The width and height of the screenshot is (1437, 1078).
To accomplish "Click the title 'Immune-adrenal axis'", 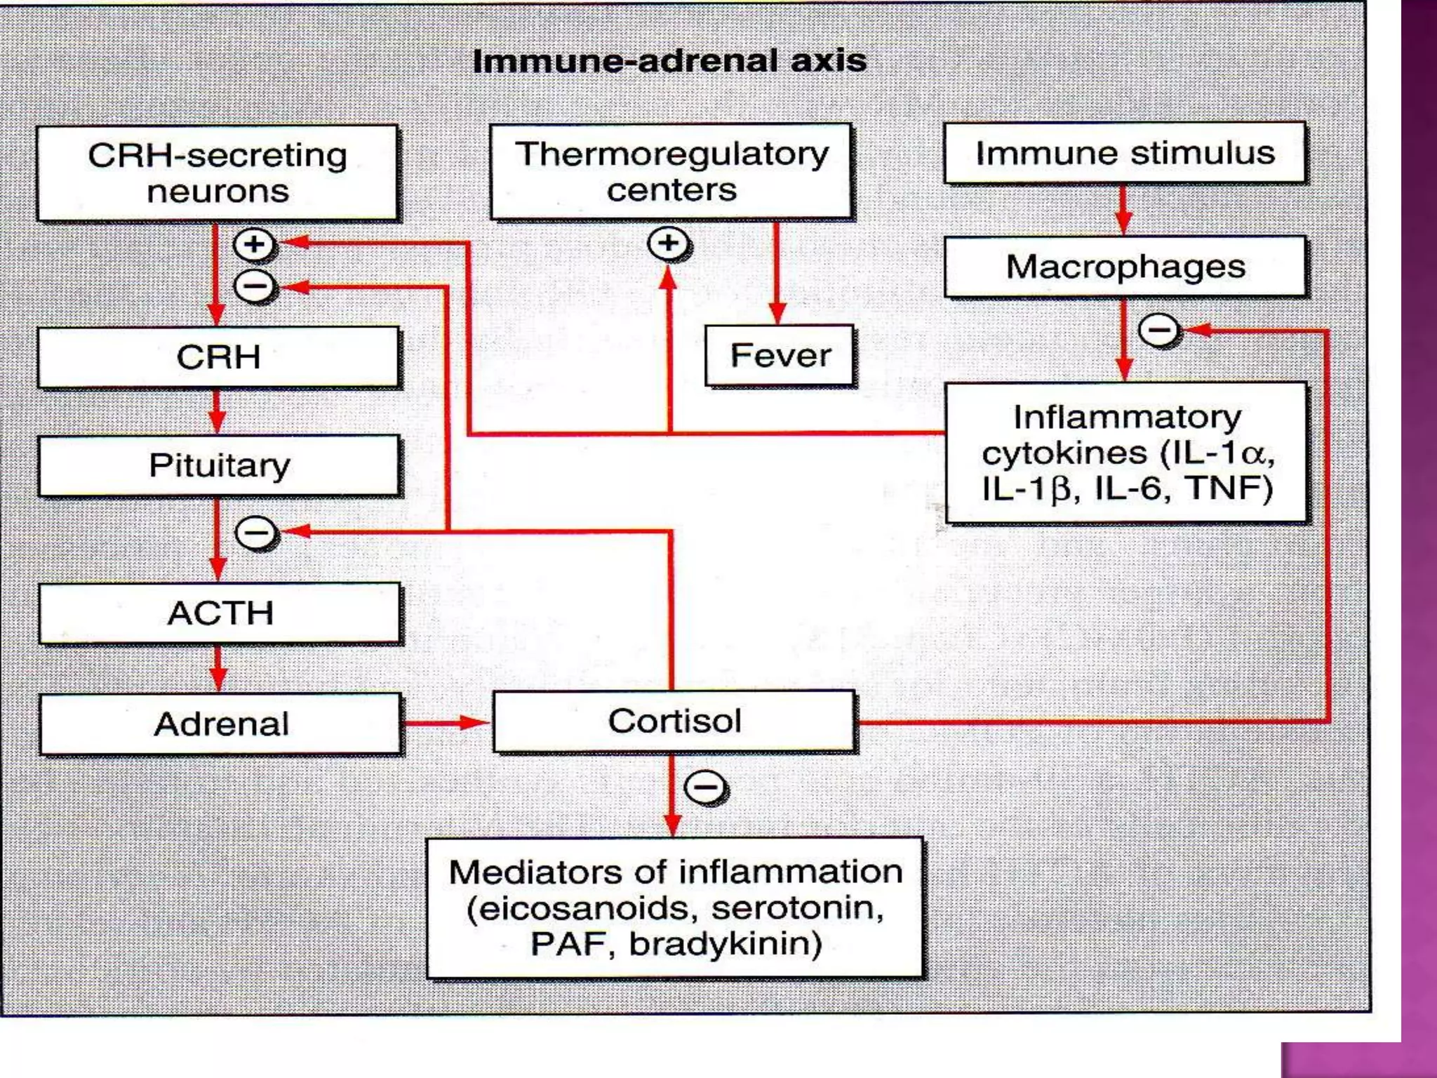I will click(x=669, y=61).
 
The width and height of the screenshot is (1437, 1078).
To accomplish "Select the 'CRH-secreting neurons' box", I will click(x=218, y=173).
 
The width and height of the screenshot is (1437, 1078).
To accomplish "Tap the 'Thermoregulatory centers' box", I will click(x=671, y=172).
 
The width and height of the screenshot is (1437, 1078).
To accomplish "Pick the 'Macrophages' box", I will click(x=1125, y=267).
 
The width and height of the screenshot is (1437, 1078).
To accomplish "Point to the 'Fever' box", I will click(x=780, y=356).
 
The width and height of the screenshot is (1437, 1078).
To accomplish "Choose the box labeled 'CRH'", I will click(x=218, y=357).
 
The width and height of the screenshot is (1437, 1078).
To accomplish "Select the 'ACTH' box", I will click(x=220, y=613).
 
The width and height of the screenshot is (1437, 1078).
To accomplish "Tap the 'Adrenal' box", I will click(x=221, y=724).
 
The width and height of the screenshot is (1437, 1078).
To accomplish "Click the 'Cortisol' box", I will click(x=674, y=721).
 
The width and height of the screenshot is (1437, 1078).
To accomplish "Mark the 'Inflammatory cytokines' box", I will click(x=1126, y=453).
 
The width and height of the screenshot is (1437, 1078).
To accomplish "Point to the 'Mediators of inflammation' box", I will click(x=675, y=908).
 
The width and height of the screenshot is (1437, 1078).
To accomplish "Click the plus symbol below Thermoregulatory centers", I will click(x=669, y=244).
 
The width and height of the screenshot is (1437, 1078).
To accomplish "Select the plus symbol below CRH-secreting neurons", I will click(x=254, y=244).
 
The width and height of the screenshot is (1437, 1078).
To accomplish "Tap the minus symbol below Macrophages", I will click(x=1158, y=330).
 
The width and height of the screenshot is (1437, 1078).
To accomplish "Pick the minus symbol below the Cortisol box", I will click(x=705, y=787).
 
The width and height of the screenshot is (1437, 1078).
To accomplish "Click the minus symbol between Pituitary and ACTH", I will click(x=256, y=533).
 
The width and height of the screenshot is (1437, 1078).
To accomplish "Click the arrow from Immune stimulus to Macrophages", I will click(x=1123, y=210).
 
